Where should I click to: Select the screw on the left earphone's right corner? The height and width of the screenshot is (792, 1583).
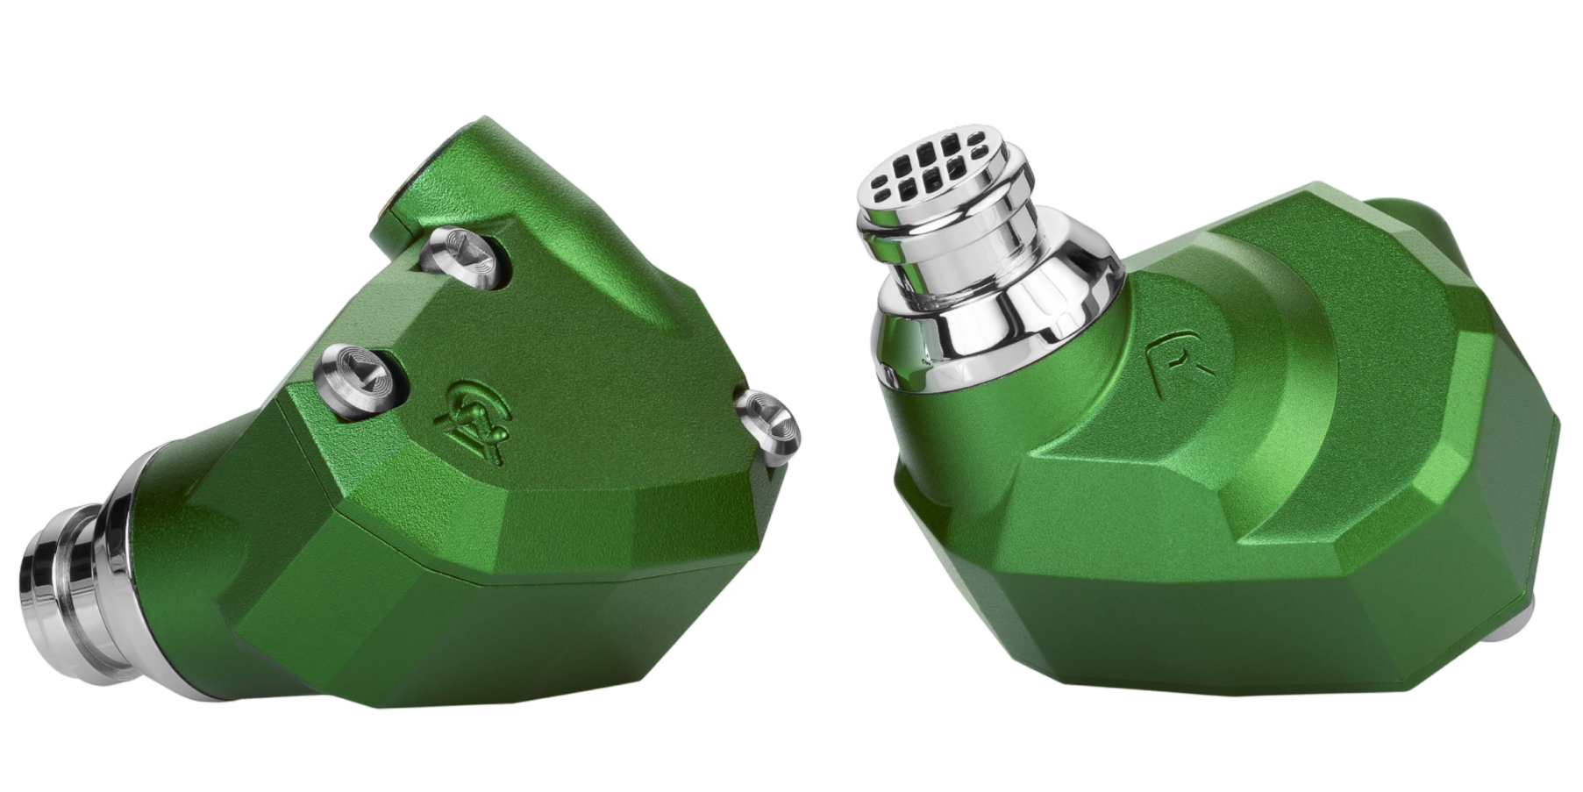tap(768, 425)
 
